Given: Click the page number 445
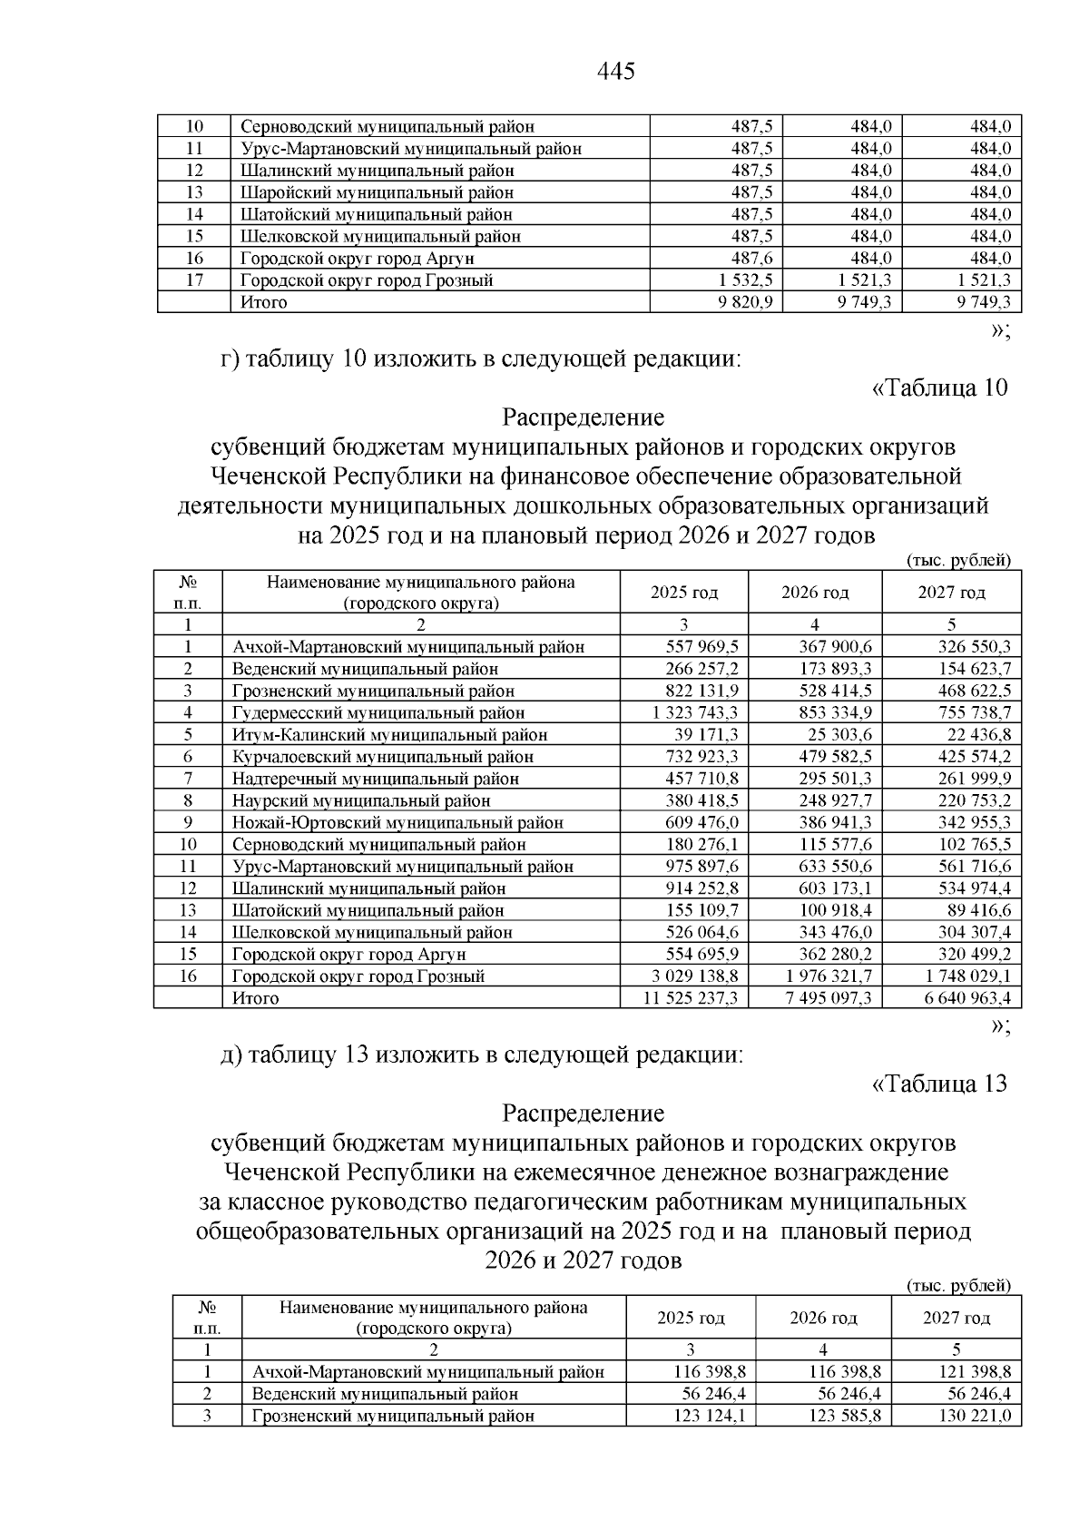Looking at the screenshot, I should [x=616, y=71].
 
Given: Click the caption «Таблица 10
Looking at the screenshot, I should [x=939, y=388].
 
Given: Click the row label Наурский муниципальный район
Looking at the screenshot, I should [x=361, y=801].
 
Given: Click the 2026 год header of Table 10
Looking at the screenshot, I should [x=815, y=593].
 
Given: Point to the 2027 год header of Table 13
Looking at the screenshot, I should [x=957, y=1318].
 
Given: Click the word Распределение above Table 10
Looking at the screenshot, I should [x=583, y=417].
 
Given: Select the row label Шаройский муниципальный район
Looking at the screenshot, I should [x=377, y=192].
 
